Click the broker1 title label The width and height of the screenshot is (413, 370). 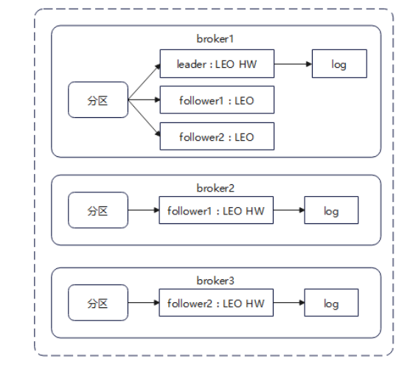tap(215, 39)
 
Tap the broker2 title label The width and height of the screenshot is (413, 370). tap(215, 188)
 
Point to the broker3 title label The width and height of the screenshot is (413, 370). tap(215, 281)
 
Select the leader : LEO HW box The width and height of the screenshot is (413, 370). tap(217, 63)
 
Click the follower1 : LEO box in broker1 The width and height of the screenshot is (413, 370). tap(217, 100)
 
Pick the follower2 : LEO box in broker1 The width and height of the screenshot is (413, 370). tap(217, 136)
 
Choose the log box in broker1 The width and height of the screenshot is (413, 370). tap(339, 63)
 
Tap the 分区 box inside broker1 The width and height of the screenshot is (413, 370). tap(98, 100)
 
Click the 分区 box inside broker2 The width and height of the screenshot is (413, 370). tap(98, 210)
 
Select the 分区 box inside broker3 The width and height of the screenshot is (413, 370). tap(98, 303)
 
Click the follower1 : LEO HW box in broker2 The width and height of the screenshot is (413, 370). tap(216, 210)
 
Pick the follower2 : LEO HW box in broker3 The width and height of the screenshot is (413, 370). tap(216, 303)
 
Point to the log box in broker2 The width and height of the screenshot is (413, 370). tap(331, 210)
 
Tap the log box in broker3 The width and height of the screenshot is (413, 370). tap(331, 303)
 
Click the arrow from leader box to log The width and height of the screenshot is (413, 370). tap(294, 64)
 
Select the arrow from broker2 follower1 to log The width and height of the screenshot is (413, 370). tap(289, 210)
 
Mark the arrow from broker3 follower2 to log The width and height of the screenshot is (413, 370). tap(289, 303)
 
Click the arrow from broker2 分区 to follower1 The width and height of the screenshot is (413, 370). tap(144, 210)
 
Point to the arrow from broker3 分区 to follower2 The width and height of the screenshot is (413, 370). tap(144, 303)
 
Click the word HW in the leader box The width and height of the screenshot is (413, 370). tap(248, 64)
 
